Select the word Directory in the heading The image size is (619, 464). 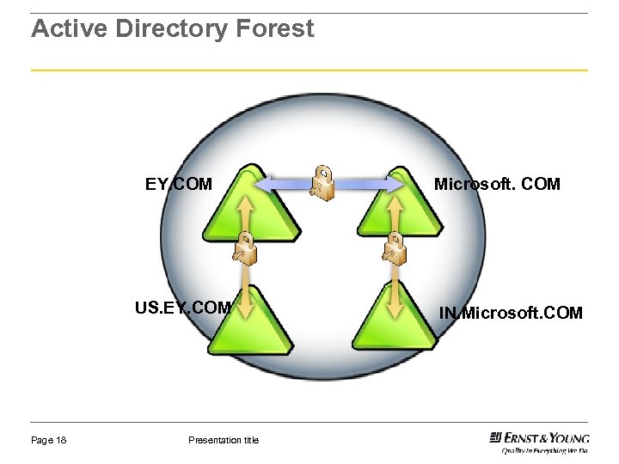pyautogui.click(x=171, y=29)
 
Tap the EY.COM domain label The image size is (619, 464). pyautogui.click(x=178, y=184)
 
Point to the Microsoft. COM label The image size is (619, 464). pyautogui.click(x=497, y=184)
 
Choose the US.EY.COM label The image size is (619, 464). pyautogui.click(x=182, y=308)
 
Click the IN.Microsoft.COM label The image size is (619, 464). pyautogui.click(x=511, y=313)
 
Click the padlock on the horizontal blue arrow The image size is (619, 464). pyautogui.click(x=323, y=183)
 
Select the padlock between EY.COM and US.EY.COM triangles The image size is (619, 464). pyautogui.click(x=245, y=249)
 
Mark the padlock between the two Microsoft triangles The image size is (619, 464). pyautogui.click(x=395, y=249)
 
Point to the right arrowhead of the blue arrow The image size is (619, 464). pyautogui.click(x=397, y=184)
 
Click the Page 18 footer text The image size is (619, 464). pyautogui.click(x=49, y=441)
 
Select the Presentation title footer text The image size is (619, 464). pyautogui.click(x=223, y=441)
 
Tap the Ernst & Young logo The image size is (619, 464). pyautogui.click(x=539, y=437)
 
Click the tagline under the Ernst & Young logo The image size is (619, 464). pyautogui.click(x=545, y=449)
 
